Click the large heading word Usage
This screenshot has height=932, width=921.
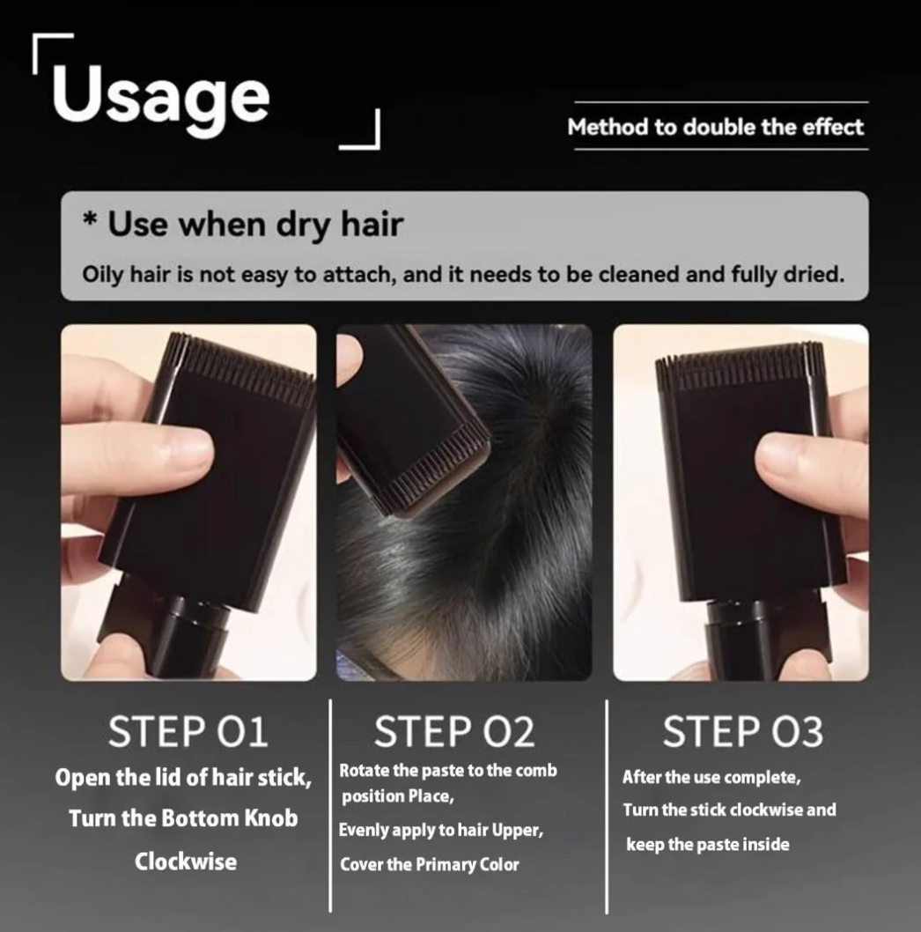(160, 97)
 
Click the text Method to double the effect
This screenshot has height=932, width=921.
(716, 127)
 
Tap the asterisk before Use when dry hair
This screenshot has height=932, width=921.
(90, 219)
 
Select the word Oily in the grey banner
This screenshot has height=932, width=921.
(103, 275)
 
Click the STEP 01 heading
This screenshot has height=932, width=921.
(188, 731)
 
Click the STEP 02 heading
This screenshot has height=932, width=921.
(454, 731)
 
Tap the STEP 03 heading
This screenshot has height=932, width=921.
(743, 731)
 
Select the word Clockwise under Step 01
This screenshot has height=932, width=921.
(186, 862)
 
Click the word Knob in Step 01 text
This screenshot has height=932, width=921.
(270, 818)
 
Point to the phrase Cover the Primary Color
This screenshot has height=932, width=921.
(430, 864)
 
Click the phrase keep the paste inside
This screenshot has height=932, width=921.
(708, 845)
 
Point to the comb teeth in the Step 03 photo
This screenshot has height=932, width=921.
(730, 368)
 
